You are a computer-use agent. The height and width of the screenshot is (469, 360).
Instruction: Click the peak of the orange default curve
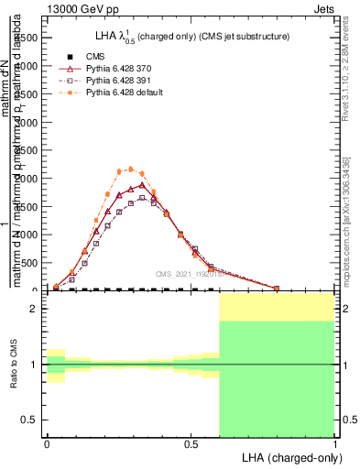click(131, 169)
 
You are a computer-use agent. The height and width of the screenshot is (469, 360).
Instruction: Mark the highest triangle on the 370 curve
click(142, 185)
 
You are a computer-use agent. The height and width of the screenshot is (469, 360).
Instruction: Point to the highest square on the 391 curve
click(142, 197)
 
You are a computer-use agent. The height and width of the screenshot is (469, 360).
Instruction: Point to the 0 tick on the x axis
click(47, 442)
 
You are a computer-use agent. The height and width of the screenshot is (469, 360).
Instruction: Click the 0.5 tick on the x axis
click(191, 442)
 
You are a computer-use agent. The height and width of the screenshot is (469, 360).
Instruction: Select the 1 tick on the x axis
click(334, 442)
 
